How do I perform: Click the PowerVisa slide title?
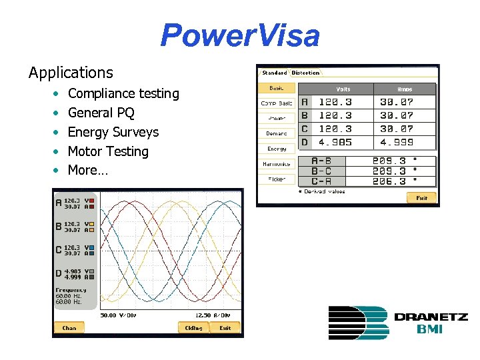click(240, 35)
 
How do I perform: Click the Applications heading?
click(71, 72)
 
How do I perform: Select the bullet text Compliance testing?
click(123, 93)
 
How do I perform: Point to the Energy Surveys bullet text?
click(113, 132)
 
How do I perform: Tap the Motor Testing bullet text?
click(108, 151)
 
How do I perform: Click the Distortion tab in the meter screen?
click(305, 73)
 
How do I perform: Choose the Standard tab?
click(274, 73)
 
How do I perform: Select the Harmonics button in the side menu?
click(277, 164)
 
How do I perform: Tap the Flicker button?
click(277, 179)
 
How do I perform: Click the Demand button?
click(277, 133)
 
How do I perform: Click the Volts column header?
click(343, 89)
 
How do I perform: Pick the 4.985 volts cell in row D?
click(335, 142)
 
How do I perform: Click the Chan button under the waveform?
click(69, 328)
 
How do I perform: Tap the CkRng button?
click(193, 328)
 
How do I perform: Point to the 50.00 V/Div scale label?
click(117, 315)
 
